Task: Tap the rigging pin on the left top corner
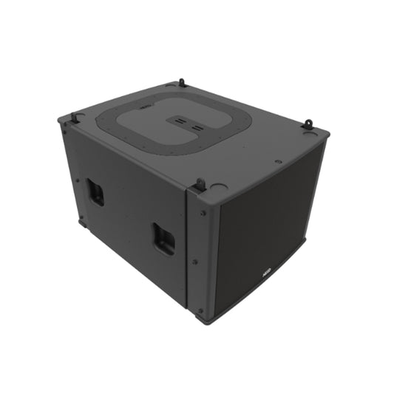click(x=75, y=117)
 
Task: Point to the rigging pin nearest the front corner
click(x=200, y=183)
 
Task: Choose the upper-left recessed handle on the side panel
click(x=95, y=191)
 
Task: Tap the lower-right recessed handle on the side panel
click(x=164, y=239)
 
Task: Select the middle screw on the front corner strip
click(x=195, y=260)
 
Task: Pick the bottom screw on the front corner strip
click(x=200, y=310)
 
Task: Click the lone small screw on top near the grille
click(x=278, y=161)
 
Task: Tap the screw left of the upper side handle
click(x=76, y=178)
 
